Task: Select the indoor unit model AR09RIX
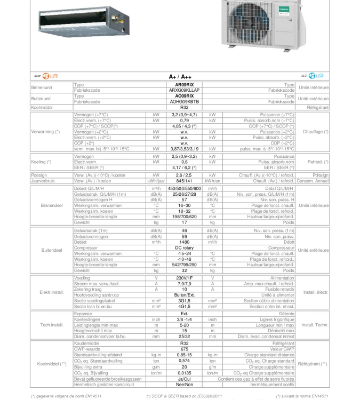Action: (x=184, y=85)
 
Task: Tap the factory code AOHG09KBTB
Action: (x=184, y=101)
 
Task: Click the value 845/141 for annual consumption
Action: (x=184, y=181)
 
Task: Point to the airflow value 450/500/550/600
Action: (x=184, y=188)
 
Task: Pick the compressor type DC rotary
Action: (x=184, y=247)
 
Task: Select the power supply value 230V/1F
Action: (x=184, y=278)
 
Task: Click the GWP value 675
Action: (x=184, y=349)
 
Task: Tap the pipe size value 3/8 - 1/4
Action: (x=184, y=319)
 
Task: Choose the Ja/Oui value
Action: (x=184, y=379)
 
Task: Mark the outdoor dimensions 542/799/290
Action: (x=184, y=265)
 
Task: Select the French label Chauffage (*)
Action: (x=315, y=132)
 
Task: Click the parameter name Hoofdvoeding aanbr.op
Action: (x=97, y=295)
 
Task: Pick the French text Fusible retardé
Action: (x=277, y=289)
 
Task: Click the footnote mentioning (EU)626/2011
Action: (x=184, y=396)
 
